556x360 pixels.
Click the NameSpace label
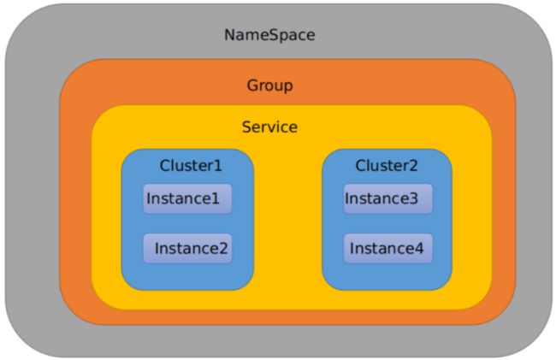(x=269, y=35)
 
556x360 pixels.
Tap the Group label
(x=269, y=86)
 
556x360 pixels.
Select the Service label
(x=269, y=127)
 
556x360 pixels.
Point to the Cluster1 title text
(x=191, y=166)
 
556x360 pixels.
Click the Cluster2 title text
(x=387, y=166)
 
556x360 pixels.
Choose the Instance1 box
(x=187, y=198)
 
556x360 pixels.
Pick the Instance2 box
(x=187, y=248)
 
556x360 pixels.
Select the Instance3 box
(x=388, y=198)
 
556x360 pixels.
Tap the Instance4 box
(x=388, y=248)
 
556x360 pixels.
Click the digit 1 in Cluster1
(x=217, y=166)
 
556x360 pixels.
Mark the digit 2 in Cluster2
(x=413, y=166)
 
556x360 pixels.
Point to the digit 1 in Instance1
(x=215, y=198)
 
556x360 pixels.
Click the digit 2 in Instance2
(x=223, y=248)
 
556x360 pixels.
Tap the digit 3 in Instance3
(x=413, y=198)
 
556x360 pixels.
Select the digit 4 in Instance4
(x=419, y=248)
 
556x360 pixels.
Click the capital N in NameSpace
(x=230, y=35)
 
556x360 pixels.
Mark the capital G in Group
(x=252, y=85)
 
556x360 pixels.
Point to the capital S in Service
(x=247, y=127)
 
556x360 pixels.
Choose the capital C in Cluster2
(x=361, y=166)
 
